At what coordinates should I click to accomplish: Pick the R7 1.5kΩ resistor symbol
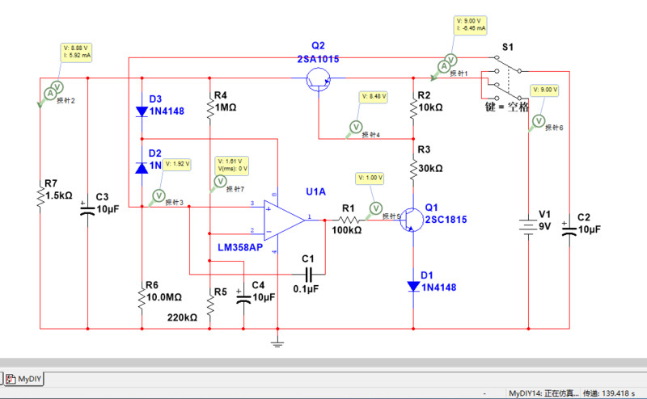click(40, 195)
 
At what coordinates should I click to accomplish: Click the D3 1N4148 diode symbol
click(142, 110)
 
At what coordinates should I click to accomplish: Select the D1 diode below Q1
click(413, 285)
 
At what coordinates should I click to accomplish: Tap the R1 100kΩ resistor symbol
click(348, 219)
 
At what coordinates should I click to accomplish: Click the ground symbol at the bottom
click(277, 345)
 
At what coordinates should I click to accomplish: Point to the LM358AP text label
click(240, 247)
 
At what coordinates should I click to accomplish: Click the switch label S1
click(507, 48)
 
